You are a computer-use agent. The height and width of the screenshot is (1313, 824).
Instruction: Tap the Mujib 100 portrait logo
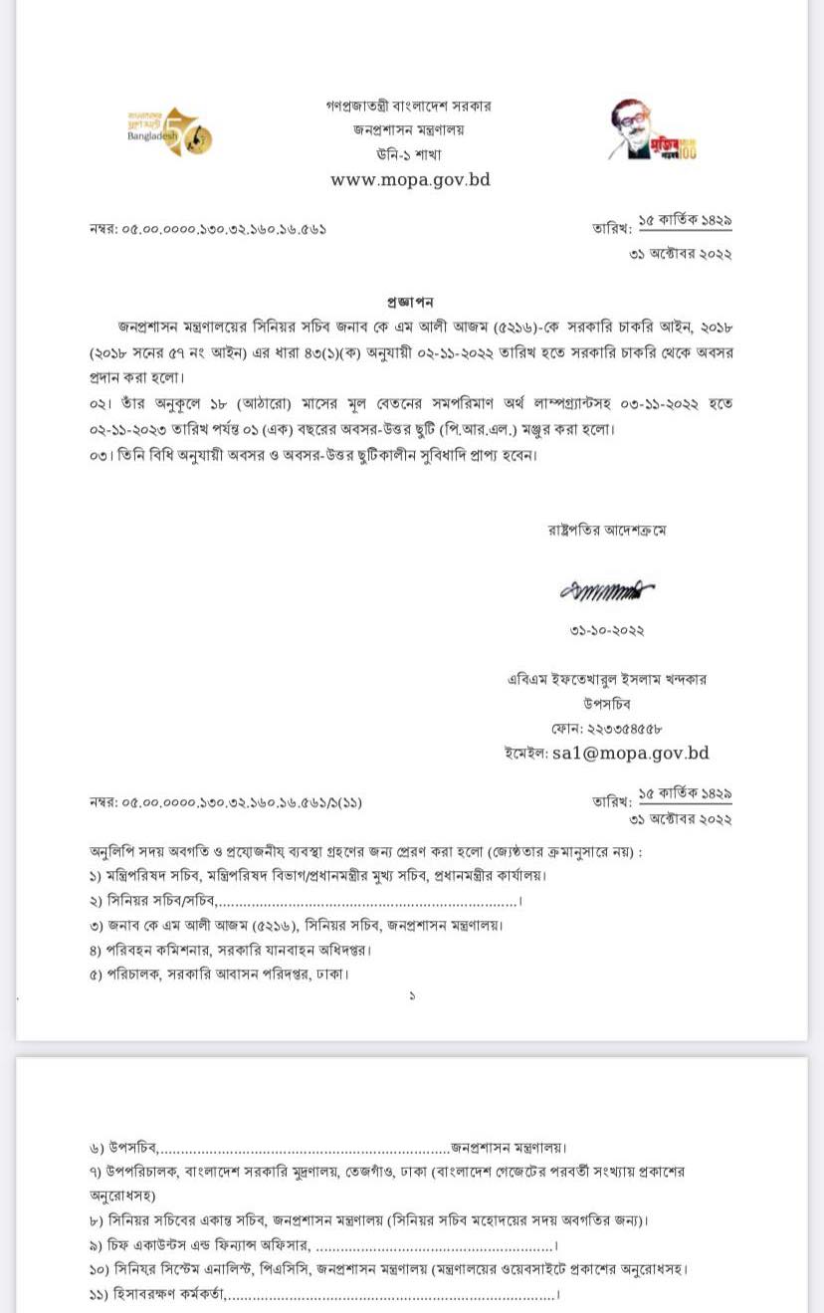pyautogui.click(x=652, y=130)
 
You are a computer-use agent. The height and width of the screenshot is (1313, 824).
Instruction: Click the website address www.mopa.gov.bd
pyautogui.click(x=410, y=180)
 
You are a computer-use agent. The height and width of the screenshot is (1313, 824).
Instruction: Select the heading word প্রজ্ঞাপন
pyautogui.click(x=410, y=302)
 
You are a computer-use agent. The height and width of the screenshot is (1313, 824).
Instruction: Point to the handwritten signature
pyautogui.click(x=606, y=590)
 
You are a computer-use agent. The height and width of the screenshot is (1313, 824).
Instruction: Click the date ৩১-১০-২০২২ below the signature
pyautogui.click(x=607, y=631)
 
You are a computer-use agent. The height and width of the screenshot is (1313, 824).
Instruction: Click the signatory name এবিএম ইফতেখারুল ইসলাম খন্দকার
pyautogui.click(x=607, y=679)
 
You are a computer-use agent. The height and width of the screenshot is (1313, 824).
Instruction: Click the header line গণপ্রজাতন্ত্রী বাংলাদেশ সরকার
pyautogui.click(x=408, y=106)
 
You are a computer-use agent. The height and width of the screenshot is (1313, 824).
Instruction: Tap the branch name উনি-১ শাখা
pyautogui.click(x=408, y=154)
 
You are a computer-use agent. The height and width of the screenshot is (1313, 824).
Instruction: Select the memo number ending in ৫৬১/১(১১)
pyautogui.click(x=219, y=802)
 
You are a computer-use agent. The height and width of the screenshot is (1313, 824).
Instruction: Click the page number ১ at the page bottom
pyautogui.click(x=412, y=995)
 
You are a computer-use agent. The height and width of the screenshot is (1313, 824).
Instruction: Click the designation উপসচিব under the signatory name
pyautogui.click(x=607, y=704)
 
